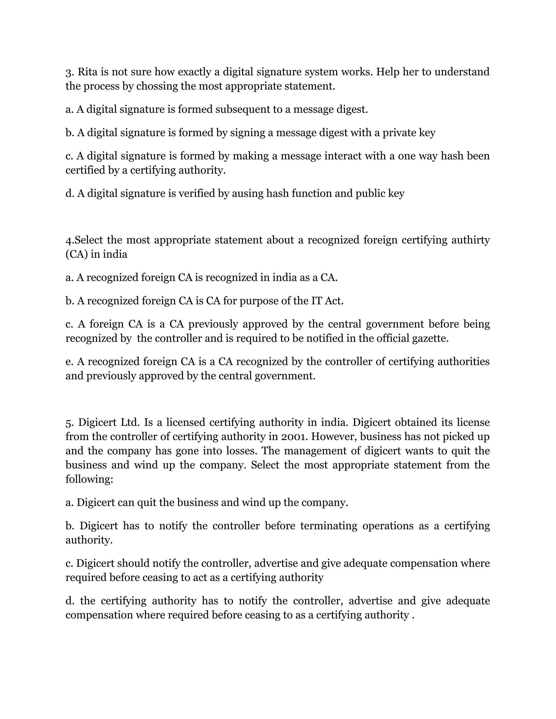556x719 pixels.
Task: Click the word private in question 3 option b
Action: [399, 133]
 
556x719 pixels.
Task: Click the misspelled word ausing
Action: [248, 193]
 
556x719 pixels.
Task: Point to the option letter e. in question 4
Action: [69, 361]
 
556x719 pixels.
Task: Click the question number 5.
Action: [68, 422]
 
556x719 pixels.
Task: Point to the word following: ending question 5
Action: [89, 479]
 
